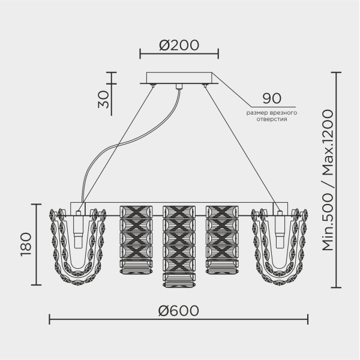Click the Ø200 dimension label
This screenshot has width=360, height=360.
(179, 45)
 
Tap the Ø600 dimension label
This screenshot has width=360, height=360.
(178, 311)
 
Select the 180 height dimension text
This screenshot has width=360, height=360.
(26, 244)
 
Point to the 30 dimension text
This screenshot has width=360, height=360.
(103, 100)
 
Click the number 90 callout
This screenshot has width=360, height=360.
(272, 98)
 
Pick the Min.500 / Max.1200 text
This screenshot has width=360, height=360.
(328, 180)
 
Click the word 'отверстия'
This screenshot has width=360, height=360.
(272, 119)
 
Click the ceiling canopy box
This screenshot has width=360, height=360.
(179, 78)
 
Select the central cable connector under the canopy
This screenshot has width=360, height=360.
(179, 86)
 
